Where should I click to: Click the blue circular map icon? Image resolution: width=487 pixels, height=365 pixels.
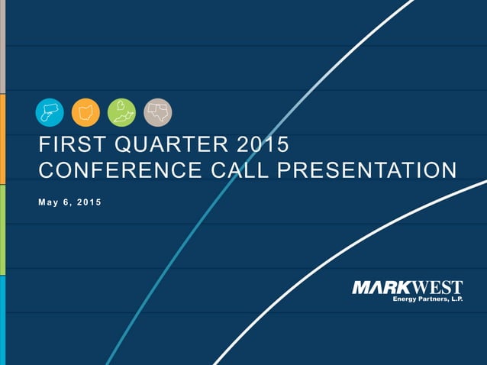[50, 112]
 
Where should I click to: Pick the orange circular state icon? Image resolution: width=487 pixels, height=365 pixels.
[85, 112]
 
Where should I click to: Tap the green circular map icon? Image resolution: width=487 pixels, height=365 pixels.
[121, 112]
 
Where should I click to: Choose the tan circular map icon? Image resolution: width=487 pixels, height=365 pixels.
[158, 112]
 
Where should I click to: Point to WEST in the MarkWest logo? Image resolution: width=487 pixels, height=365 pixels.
[438, 288]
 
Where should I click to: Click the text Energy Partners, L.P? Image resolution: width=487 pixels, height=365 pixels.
[427, 299]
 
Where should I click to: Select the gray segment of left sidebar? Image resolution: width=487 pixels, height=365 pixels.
[2, 46]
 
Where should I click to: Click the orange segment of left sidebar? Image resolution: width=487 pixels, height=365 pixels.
[2, 138]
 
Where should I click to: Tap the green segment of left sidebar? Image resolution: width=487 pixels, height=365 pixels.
[2, 229]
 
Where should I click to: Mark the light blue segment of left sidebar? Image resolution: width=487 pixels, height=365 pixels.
[2, 320]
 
